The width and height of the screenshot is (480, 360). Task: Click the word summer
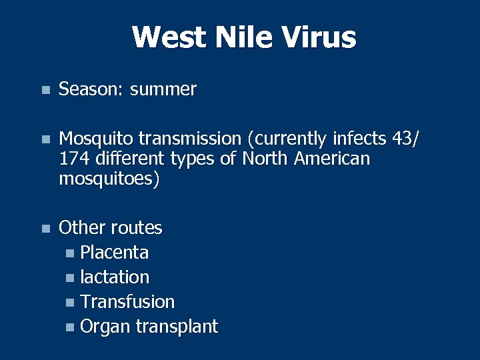click(163, 89)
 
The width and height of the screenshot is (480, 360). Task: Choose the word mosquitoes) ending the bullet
click(109, 180)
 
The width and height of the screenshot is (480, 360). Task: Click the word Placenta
click(115, 253)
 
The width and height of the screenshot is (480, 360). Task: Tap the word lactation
click(115, 277)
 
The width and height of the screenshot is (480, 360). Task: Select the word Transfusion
click(127, 301)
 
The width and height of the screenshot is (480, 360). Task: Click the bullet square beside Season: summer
click(44, 90)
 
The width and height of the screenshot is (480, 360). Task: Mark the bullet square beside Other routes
click(44, 228)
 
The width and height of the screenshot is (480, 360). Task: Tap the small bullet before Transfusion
click(71, 302)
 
